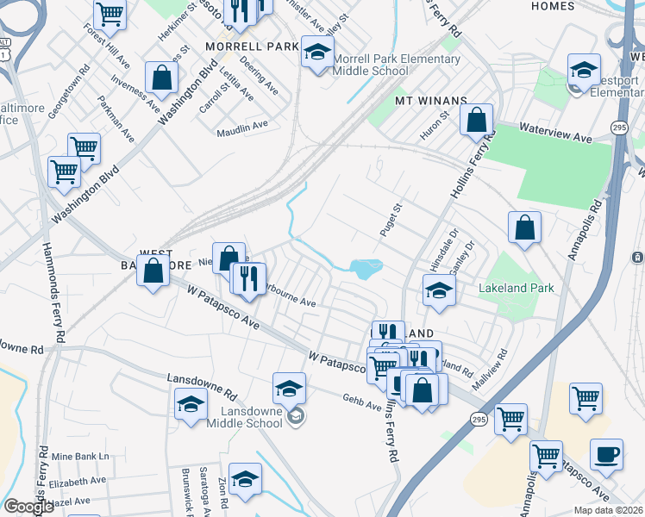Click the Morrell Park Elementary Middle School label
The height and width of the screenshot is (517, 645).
click(397, 65)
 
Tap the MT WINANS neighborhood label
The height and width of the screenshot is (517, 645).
click(430, 101)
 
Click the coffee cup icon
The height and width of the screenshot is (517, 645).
click(606, 455)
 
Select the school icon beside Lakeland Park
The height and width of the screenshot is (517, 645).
click(439, 291)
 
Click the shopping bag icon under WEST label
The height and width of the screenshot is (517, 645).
click(153, 272)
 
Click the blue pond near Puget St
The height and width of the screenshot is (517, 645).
click(366, 268)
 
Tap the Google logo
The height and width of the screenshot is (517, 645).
click(29, 508)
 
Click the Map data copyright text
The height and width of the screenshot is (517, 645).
click(609, 510)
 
